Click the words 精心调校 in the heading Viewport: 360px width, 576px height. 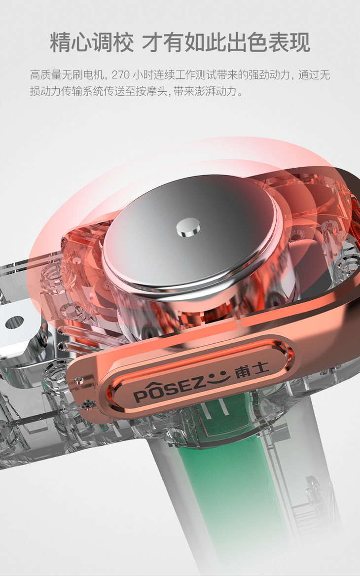tap(92, 42)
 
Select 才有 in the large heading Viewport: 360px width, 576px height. tap(163, 42)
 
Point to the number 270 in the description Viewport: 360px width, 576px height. tap(120, 75)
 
